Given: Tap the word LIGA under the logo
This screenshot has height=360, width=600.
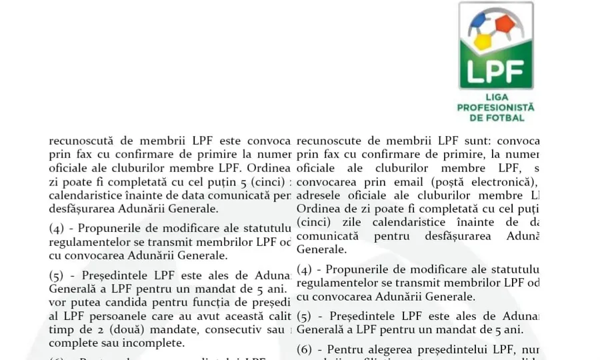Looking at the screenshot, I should (x=496, y=97).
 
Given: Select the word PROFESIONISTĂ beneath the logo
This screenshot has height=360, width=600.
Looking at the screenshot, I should (x=496, y=107).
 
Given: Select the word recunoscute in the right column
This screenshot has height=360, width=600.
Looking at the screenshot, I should (x=331, y=141).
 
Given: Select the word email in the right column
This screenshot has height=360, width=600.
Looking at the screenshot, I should (x=409, y=181).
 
